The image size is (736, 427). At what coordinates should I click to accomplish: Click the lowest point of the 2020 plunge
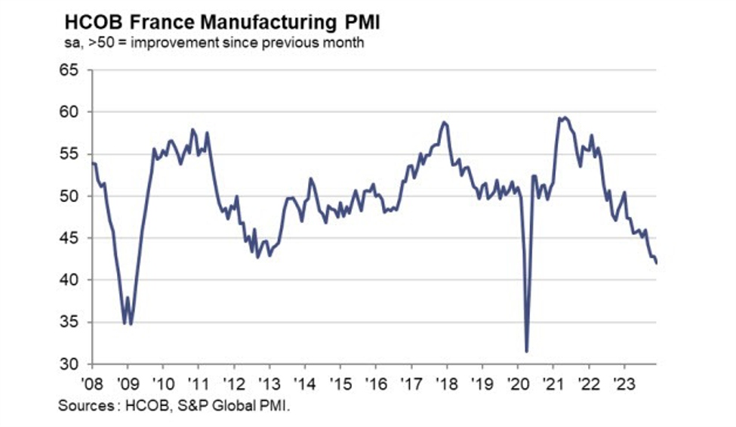click(x=526, y=351)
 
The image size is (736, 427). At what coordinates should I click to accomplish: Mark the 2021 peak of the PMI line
click(x=562, y=117)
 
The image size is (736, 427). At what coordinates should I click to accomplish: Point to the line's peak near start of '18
click(x=444, y=122)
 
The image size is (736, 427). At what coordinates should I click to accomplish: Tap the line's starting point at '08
click(x=92, y=162)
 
